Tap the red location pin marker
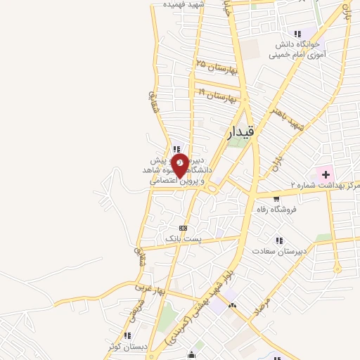(x=181, y=165)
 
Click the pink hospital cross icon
(x=326, y=174)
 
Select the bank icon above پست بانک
(x=183, y=228)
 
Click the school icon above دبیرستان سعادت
(x=279, y=240)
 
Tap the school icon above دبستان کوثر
(x=127, y=335)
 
